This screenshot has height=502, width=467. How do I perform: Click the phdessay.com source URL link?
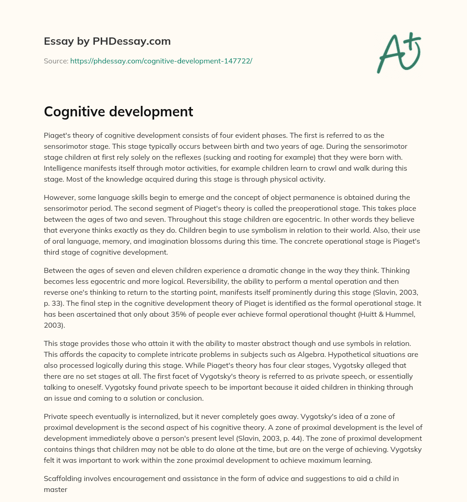pos(161,61)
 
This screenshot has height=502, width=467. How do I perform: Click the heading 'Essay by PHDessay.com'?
pos(107,41)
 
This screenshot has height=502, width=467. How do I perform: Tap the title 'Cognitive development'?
pos(119,112)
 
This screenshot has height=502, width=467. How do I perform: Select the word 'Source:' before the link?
pos(56,61)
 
